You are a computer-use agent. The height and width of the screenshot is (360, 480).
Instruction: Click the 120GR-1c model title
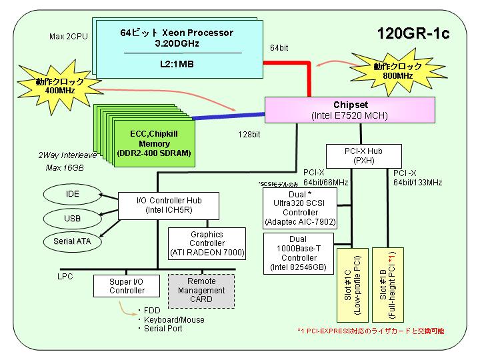pos(413,33)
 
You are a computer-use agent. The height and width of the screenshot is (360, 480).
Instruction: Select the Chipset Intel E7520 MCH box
pos(350,110)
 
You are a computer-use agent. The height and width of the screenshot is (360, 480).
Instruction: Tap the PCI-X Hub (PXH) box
pos(364,156)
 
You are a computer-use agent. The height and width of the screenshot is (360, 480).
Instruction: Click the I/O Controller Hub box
pos(169,206)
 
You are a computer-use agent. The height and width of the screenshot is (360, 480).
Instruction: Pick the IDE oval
pos(72,194)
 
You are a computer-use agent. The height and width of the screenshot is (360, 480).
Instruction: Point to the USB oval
pos(72,219)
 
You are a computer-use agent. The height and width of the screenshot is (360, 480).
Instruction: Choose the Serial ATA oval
pos(72,241)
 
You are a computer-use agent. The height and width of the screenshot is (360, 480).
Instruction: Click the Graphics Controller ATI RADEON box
pos(207,244)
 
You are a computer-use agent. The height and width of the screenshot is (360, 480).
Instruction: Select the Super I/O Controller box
pos(127,286)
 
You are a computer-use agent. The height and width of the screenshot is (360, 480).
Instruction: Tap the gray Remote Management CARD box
pos(201,291)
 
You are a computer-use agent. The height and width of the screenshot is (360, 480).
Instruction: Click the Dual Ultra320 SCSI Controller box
pos(300,208)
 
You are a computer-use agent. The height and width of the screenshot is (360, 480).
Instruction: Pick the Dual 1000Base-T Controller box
pos(299,253)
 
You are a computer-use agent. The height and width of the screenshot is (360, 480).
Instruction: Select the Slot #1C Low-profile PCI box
pos(353,285)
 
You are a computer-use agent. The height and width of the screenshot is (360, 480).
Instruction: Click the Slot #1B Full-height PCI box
pos(388,285)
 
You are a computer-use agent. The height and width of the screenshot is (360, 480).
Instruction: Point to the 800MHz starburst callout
pos(397,71)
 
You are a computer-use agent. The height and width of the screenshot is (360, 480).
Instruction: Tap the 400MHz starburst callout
pos(60,86)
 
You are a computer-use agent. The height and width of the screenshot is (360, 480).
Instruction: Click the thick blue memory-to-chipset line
pos(229,116)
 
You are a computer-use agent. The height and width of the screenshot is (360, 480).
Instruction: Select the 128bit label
pos(249,135)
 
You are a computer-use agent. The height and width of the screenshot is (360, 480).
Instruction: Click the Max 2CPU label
pos(69,37)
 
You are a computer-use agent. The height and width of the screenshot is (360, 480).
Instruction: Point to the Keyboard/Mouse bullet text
pos(174,320)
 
